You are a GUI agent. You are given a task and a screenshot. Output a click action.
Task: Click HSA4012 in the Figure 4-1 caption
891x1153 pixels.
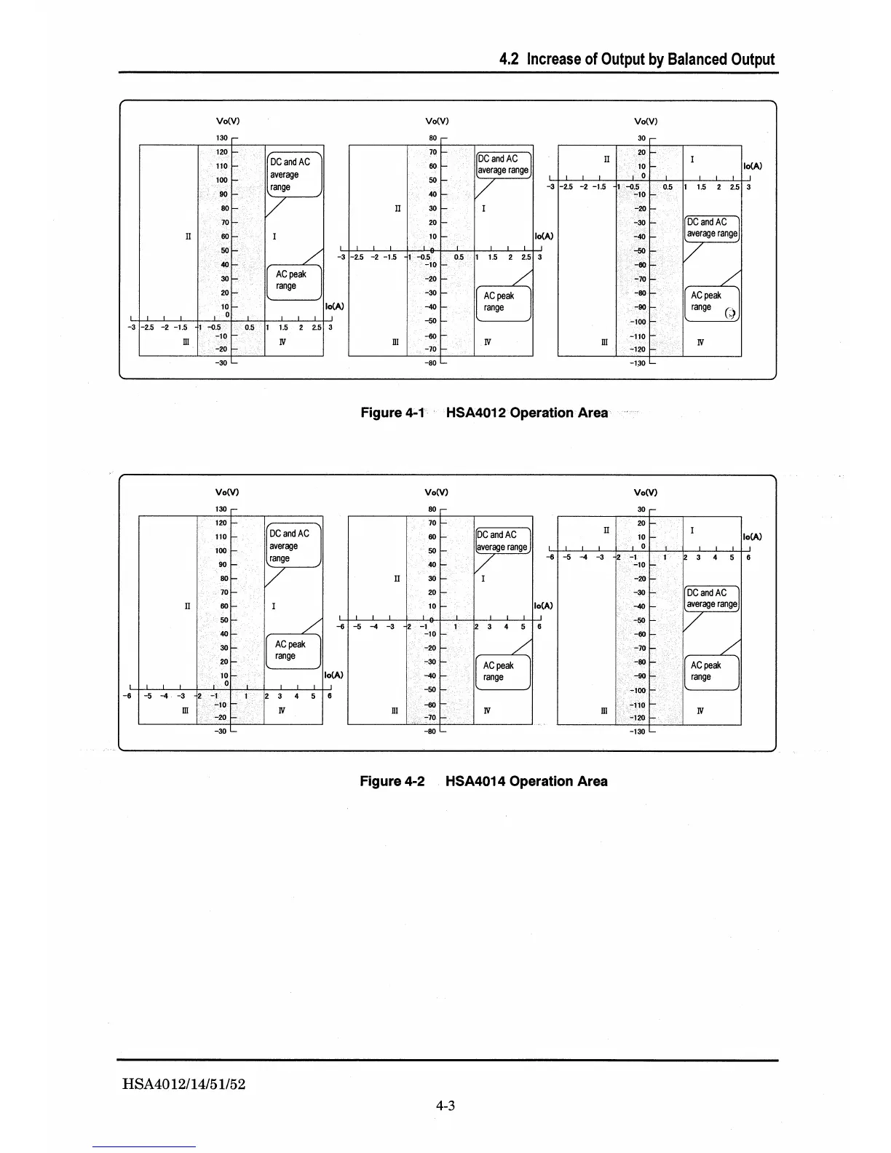477,413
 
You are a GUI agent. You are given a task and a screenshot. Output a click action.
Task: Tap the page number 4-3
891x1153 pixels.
445,1106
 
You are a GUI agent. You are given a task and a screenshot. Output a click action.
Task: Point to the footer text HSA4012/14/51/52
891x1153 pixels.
184,1084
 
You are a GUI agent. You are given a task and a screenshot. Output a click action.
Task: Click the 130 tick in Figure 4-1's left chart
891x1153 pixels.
222,138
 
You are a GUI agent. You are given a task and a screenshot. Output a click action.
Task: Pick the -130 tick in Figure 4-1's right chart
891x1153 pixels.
638,363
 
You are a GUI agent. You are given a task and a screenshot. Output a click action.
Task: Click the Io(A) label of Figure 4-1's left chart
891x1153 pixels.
334,306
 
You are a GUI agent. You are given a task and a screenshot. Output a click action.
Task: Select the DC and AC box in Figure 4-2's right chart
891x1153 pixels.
712,598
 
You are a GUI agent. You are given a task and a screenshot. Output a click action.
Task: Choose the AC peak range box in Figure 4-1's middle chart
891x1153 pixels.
502,302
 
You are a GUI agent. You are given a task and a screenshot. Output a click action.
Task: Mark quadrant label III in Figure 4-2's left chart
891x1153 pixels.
185,710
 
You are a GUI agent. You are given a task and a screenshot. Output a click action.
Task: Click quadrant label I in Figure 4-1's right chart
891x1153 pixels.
692,159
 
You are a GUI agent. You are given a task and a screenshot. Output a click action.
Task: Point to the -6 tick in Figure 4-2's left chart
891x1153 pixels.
127,696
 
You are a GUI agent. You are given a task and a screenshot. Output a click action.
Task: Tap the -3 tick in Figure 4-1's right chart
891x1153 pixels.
550,187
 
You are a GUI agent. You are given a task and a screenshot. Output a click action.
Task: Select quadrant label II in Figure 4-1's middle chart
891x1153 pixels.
397,208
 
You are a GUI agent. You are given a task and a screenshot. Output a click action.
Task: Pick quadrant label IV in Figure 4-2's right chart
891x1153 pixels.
700,710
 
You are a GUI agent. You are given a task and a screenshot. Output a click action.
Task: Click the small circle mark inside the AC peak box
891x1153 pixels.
731,314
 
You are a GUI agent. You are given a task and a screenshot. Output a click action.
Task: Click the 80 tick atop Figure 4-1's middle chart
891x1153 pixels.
432,138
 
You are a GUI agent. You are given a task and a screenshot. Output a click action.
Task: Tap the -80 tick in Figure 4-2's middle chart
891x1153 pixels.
430,732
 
